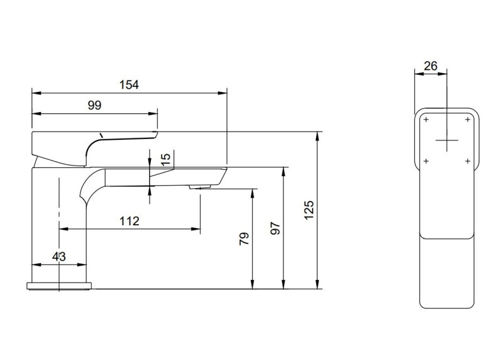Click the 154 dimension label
coord(130,84)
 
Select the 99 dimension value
coord(94,105)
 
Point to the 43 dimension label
coord(58,256)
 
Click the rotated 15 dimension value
coord(166,159)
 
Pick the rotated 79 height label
coord(244,238)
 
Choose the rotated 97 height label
coord(275,228)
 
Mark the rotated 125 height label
coord(308,210)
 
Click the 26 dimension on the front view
coord(431,65)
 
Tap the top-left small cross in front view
coord(426,119)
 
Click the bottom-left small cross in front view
coord(426,162)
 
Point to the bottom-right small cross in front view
coord(467,162)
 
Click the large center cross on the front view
coord(446,139)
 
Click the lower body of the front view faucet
coord(446,271)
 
